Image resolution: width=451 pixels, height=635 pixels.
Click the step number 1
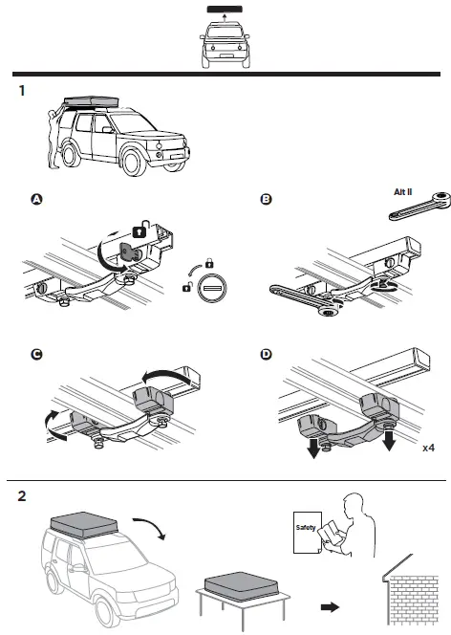[x=21, y=92]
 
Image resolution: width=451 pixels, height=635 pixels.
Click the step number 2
[x=21, y=497]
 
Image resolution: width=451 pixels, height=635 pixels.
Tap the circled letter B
[x=266, y=200]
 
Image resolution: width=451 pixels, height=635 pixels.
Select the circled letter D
[x=266, y=354]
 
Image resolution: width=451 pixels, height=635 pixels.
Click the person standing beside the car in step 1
[x=53, y=143]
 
